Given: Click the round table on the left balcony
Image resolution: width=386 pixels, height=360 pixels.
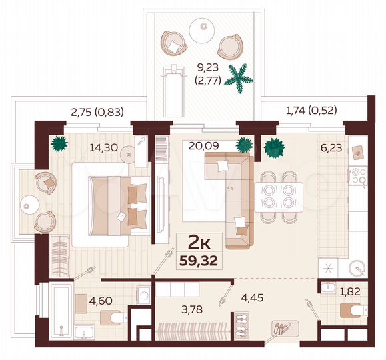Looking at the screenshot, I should (x=31, y=203).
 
